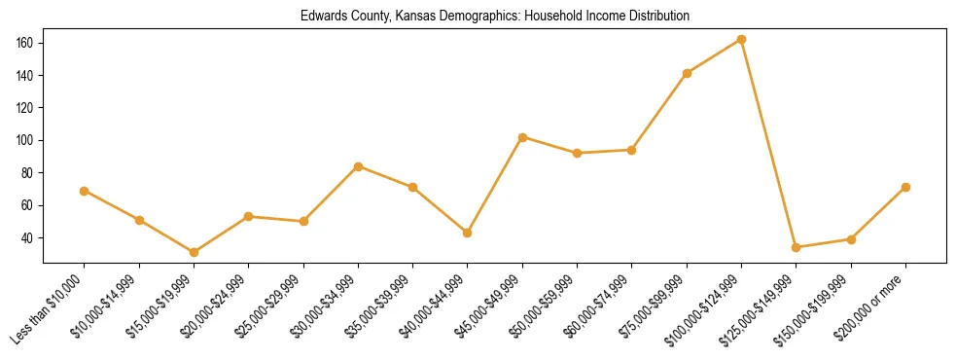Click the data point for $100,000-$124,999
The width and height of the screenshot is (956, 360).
[x=741, y=39]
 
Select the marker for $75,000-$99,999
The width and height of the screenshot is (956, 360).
[x=687, y=73]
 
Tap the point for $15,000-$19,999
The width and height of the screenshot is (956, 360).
[x=194, y=252]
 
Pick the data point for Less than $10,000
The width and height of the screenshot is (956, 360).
[x=85, y=191]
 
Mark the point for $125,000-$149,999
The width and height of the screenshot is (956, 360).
[x=796, y=247]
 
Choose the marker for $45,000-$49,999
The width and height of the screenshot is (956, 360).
[x=522, y=137]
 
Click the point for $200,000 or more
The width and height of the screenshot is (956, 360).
[x=905, y=187]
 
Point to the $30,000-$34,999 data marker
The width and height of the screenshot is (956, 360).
[x=358, y=166]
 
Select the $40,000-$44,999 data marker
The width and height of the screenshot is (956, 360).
[x=468, y=233]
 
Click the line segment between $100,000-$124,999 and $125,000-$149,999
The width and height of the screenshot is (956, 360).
[x=768, y=143]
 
